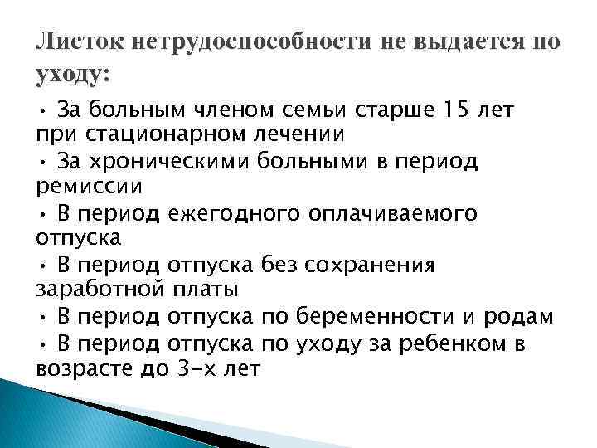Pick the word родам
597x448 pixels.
[x=522, y=318]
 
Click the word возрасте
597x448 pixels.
[x=76, y=370]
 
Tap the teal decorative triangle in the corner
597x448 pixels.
[x=50, y=419]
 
